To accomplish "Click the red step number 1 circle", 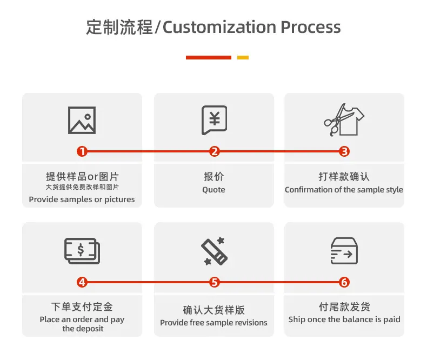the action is [x=82, y=152].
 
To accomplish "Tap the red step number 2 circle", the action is [x=215, y=152].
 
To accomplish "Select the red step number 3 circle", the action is [x=345, y=152].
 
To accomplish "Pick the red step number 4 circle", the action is [x=82, y=282].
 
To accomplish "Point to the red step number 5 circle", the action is [x=215, y=282].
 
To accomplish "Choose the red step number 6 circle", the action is [x=345, y=282].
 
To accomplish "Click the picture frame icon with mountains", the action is [x=82, y=120].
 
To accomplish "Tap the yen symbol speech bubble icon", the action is [x=214, y=119].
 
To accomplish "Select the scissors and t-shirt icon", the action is [x=344, y=120].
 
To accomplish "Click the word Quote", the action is [x=213, y=190].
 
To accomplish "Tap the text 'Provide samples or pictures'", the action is [x=82, y=199].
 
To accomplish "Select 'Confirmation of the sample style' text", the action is [x=344, y=190].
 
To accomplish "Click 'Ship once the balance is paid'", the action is [x=344, y=319].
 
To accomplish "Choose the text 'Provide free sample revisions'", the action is [x=213, y=323].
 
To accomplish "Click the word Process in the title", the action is [x=310, y=27].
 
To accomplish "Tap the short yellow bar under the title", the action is [x=243, y=57].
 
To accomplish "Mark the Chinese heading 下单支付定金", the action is [x=82, y=307].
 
